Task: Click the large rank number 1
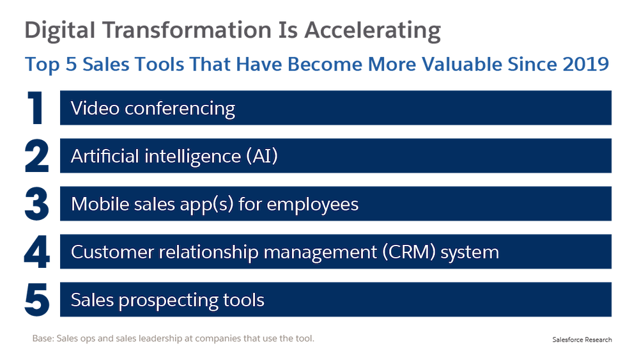pyautogui.click(x=35, y=107)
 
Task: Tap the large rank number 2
pyautogui.click(x=36, y=156)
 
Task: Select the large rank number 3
pyautogui.click(x=36, y=204)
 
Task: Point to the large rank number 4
pyautogui.click(x=36, y=251)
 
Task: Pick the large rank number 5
pyautogui.click(x=37, y=300)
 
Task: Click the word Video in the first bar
pyautogui.click(x=95, y=109)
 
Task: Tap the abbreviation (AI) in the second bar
pyautogui.click(x=262, y=156)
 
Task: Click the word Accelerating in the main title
pyautogui.click(x=373, y=31)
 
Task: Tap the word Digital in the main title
pyautogui.click(x=60, y=31)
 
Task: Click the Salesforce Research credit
pyautogui.click(x=582, y=340)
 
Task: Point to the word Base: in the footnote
pyautogui.click(x=43, y=338)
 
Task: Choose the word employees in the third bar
pyautogui.click(x=312, y=205)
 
